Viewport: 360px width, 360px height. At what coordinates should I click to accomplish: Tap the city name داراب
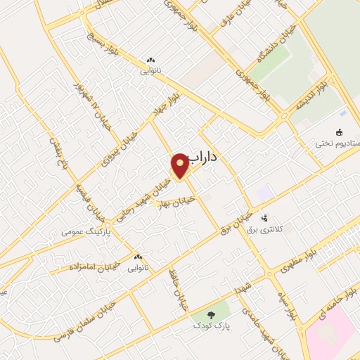[200, 160]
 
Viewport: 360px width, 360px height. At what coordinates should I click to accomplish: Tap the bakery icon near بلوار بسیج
[150, 60]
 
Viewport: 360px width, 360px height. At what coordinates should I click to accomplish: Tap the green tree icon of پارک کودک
[214, 315]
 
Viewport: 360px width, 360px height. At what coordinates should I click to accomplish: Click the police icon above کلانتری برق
[265, 217]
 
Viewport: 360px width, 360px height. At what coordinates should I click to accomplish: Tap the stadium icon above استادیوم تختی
[339, 132]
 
